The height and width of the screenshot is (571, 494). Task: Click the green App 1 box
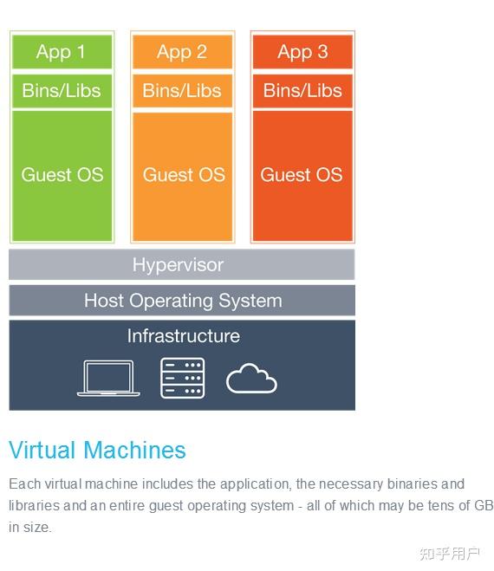pyautogui.click(x=62, y=52)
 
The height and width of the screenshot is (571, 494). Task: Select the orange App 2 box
pyautogui.click(x=182, y=52)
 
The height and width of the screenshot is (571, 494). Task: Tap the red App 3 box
pyautogui.click(x=302, y=52)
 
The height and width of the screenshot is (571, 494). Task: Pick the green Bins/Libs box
pyautogui.click(x=62, y=91)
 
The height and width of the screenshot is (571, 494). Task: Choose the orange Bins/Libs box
pyautogui.click(x=182, y=91)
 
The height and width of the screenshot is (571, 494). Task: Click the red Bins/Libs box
pyautogui.click(x=302, y=91)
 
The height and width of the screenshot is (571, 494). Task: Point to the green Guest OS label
pyautogui.click(x=62, y=175)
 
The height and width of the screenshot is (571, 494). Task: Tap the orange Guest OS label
pyautogui.click(x=184, y=175)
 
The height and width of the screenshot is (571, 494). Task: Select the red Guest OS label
pyautogui.click(x=302, y=175)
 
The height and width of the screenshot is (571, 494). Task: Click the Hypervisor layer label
pyautogui.click(x=178, y=265)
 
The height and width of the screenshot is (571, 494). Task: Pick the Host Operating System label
pyautogui.click(x=183, y=302)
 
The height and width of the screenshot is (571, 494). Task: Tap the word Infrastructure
pyautogui.click(x=183, y=335)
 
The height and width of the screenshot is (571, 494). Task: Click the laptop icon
pyautogui.click(x=108, y=378)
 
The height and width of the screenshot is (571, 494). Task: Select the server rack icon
pyautogui.click(x=183, y=378)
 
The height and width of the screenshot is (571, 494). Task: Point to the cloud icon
pyautogui.click(x=251, y=379)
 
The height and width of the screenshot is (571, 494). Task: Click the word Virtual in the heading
pyautogui.click(x=42, y=450)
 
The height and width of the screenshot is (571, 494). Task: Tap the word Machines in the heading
pyautogui.click(x=134, y=450)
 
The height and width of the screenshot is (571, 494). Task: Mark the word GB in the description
pyautogui.click(x=484, y=505)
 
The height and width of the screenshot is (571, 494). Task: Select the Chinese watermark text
pyautogui.click(x=449, y=554)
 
